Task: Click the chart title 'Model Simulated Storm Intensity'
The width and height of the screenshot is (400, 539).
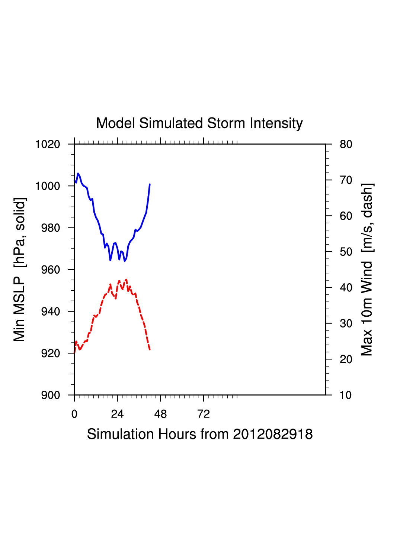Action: (199, 123)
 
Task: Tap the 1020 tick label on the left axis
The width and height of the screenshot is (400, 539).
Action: (48, 144)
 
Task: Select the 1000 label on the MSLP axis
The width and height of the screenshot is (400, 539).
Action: (48, 186)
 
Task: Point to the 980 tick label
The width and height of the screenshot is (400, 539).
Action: (50, 228)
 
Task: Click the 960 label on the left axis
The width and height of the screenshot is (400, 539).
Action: (50, 270)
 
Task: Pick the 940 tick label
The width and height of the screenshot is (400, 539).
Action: (50, 312)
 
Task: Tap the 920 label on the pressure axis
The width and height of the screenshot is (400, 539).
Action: (50, 354)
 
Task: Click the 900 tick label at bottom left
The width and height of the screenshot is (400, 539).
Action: (50, 395)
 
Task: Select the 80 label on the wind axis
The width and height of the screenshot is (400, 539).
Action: (346, 144)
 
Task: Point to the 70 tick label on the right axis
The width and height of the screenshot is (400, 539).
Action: (346, 180)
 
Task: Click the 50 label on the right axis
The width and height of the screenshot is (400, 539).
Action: (346, 252)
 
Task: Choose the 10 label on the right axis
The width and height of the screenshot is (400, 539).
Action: (346, 395)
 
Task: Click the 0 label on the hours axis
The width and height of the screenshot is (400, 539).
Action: (74, 414)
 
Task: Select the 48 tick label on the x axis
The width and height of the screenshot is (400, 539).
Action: (160, 414)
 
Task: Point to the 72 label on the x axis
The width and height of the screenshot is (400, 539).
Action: (204, 414)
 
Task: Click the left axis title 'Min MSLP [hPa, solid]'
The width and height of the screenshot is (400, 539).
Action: (19, 269)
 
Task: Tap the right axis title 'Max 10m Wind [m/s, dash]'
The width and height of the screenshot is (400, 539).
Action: (367, 269)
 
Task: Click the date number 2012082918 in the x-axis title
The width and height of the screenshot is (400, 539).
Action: (273, 434)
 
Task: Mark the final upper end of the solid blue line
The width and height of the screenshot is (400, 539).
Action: (150, 184)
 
